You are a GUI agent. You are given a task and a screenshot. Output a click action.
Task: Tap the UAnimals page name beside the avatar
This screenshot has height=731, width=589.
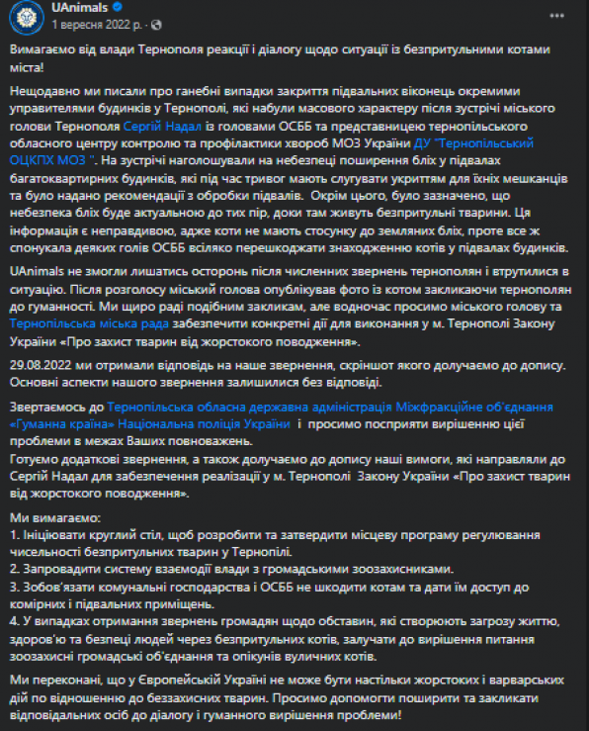pos(79,9)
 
